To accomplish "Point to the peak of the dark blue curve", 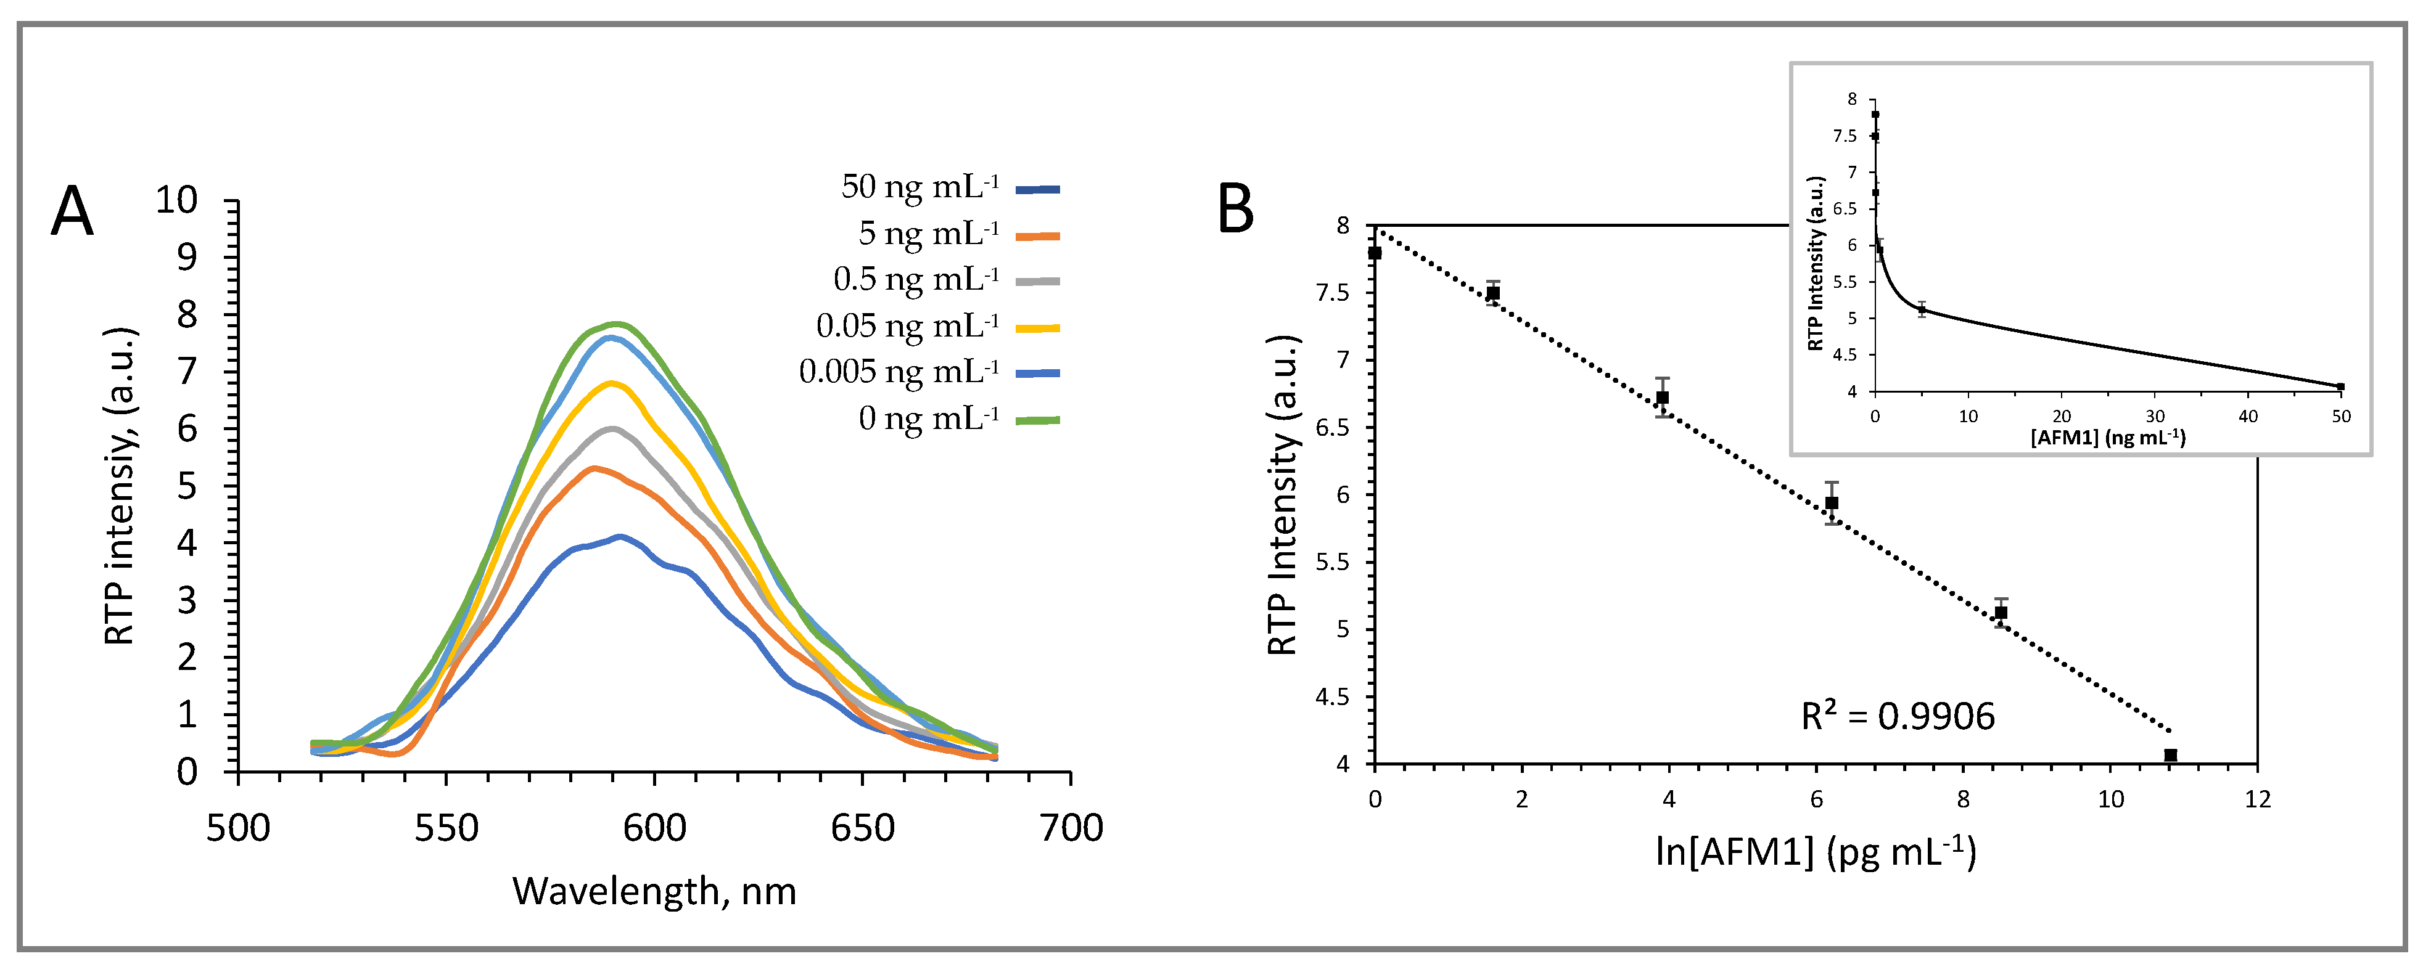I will coord(620,537).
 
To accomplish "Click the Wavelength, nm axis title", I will coord(654,891).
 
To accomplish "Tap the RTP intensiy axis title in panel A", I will coord(120,486).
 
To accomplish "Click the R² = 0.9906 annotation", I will coord(1897,717).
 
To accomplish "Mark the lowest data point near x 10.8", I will coord(2170,755).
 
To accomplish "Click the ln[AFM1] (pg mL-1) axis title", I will coord(1816,851).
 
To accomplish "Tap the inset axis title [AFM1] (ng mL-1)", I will coord(2107,438).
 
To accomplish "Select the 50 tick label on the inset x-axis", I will coord(2341,417).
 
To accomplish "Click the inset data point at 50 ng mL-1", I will coord(2340,386).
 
